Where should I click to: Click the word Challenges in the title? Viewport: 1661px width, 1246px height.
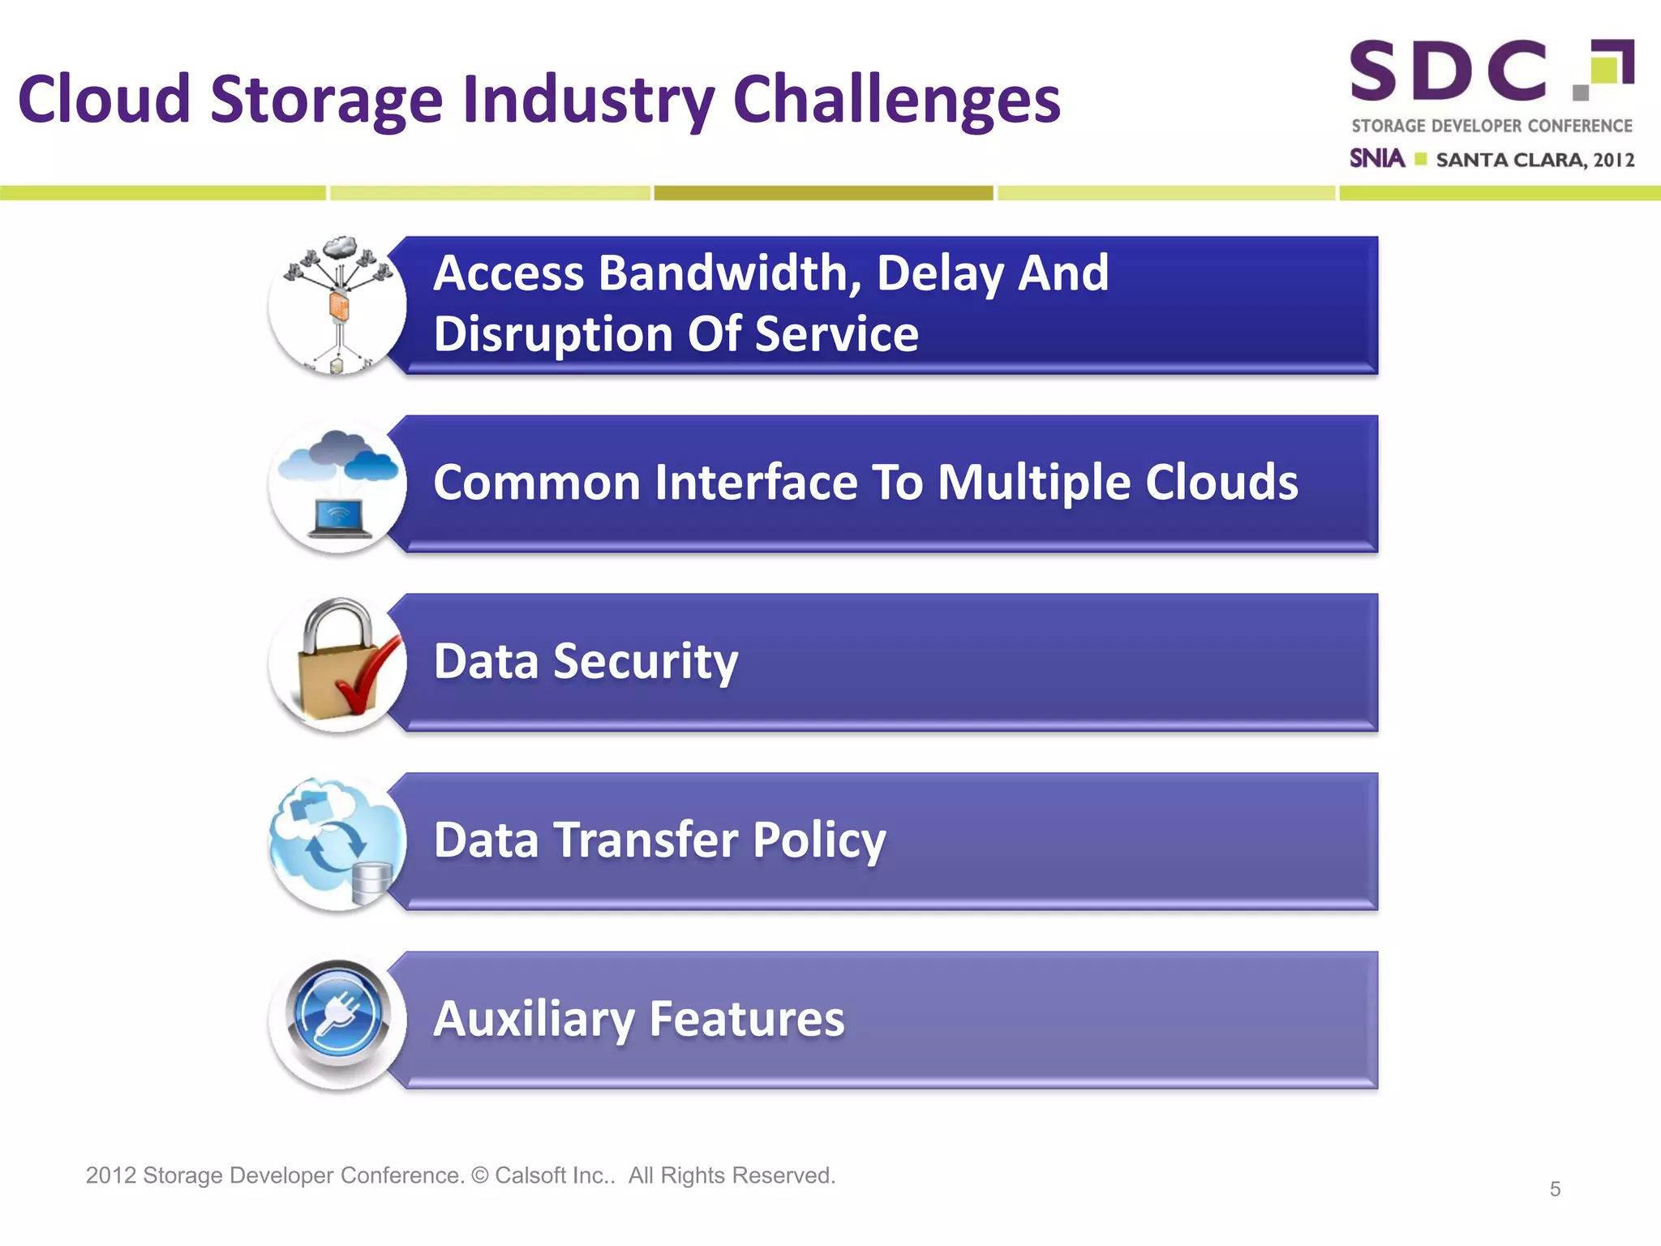[x=896, y=101]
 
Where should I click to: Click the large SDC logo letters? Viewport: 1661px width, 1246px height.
[x=1449, y=71]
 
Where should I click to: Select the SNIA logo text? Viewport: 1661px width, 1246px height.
[x=1376, y=158]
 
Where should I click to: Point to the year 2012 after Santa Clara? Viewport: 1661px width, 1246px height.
[x=1613, y=160]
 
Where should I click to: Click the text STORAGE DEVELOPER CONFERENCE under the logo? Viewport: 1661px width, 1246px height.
[x=1491, y=126]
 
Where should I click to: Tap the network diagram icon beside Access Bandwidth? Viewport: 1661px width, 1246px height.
[x=337, y=306]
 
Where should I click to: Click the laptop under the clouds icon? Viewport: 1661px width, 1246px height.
[x=340, y=520]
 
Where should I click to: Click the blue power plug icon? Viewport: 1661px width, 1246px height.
[x=337, y=1016]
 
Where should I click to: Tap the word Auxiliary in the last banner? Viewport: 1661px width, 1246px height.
[x=534, y=1019]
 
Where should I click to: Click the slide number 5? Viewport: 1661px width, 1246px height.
[x=1554, y=1189]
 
